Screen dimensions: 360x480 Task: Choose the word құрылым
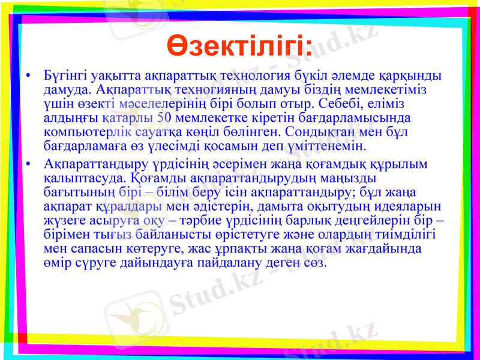[407, 164]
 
